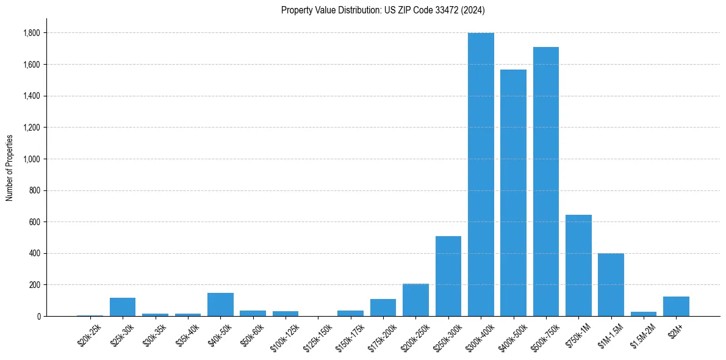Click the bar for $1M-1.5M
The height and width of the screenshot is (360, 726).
coord(611,285)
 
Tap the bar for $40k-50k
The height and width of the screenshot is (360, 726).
coord(220,304)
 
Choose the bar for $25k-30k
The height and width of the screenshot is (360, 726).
coord(123,307)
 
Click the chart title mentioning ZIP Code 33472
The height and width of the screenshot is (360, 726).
coord(383,10)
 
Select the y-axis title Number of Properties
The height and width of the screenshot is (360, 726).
coord(10,168)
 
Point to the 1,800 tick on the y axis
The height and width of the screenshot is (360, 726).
coord(32,33)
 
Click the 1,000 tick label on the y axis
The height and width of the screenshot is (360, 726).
coord(32,159)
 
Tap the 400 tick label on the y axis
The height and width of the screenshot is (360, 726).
coord(35,253)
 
